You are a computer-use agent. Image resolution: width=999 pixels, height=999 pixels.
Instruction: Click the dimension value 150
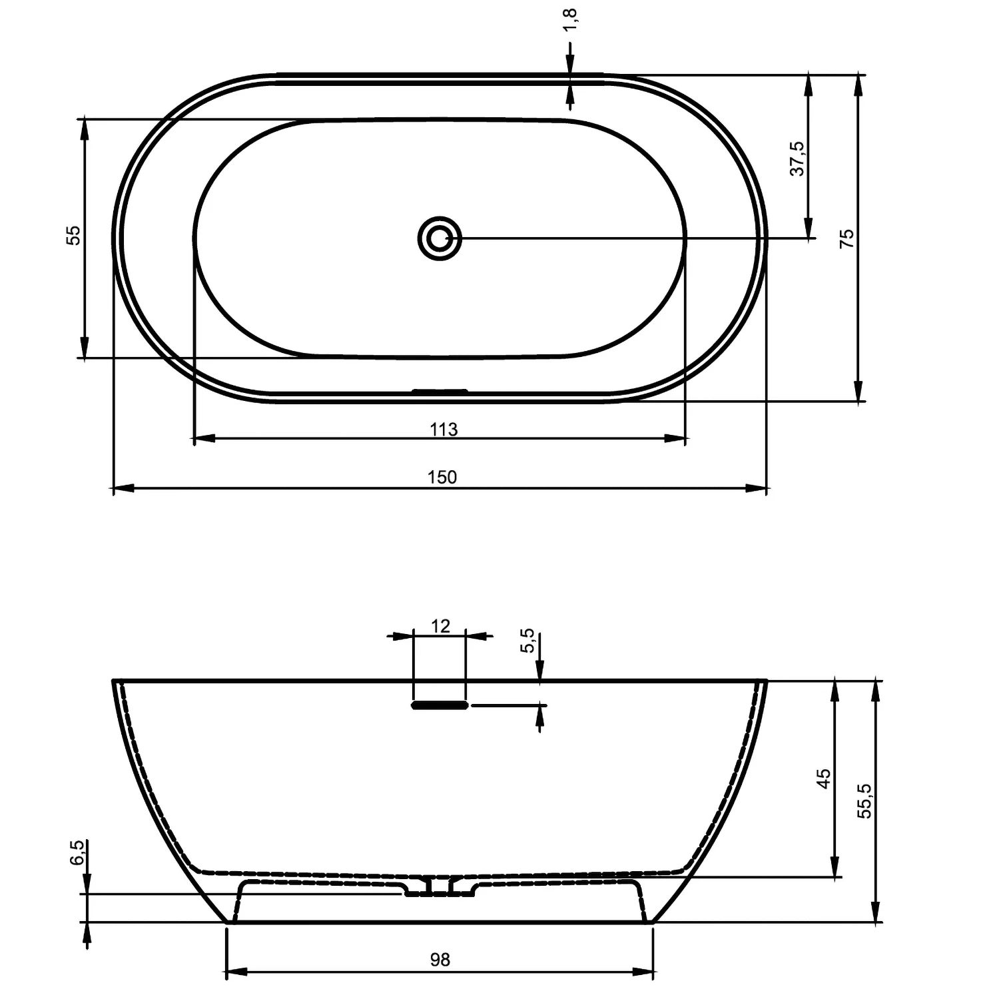coord(442,477)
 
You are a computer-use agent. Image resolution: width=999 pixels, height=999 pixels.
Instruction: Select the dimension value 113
coord(444,430)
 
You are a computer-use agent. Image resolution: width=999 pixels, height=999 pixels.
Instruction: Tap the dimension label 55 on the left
coord(73,235)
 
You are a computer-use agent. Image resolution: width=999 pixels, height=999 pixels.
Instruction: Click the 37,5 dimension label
coord(797,159)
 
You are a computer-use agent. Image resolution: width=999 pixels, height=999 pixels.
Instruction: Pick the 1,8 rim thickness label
coord(570,20)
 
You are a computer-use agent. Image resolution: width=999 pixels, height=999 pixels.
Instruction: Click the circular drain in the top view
coord(440,238)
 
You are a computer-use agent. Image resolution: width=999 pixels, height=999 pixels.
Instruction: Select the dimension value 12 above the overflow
coord(440,626)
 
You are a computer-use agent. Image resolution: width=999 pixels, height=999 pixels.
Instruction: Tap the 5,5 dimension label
coord(527,641)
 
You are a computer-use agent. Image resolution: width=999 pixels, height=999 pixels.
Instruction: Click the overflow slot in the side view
coord(440,705)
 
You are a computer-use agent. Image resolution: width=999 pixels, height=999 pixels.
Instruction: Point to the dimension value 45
coord(824,778)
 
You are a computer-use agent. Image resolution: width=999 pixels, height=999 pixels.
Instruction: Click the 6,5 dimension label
coord(77,852)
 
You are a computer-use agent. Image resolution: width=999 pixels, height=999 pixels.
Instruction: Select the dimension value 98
coord(440,959)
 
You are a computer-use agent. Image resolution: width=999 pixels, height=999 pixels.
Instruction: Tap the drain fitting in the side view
coord(440,886)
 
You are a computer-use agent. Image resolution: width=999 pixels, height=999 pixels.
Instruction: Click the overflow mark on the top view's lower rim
coord(440,391)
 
